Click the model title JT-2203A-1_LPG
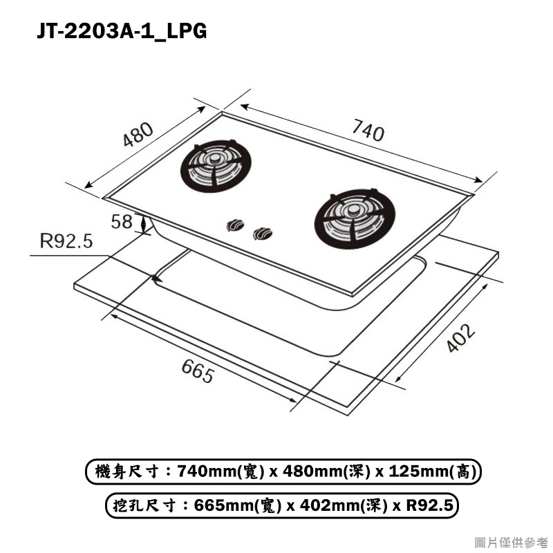(122, 31)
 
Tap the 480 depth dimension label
(138, 134)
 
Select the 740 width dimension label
(368, 130)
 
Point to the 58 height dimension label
(122, 221)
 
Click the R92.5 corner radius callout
(66, 241)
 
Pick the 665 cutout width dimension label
(198, 371)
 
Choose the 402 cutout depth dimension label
(461, 337)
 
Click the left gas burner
(216, 166)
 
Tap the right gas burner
(355, 218)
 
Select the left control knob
(235, 225)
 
